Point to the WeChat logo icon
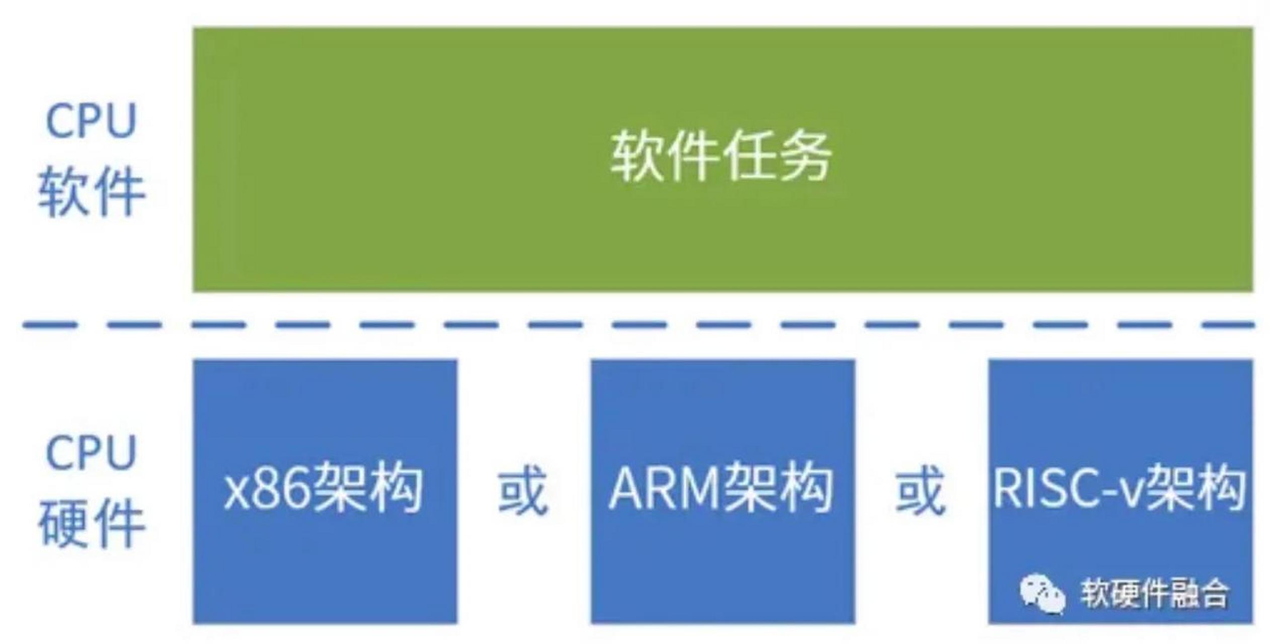coord(1042,594)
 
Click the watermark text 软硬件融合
coord(1155,594)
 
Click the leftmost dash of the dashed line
coord(49,325)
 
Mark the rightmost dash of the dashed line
coord(1228,325)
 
